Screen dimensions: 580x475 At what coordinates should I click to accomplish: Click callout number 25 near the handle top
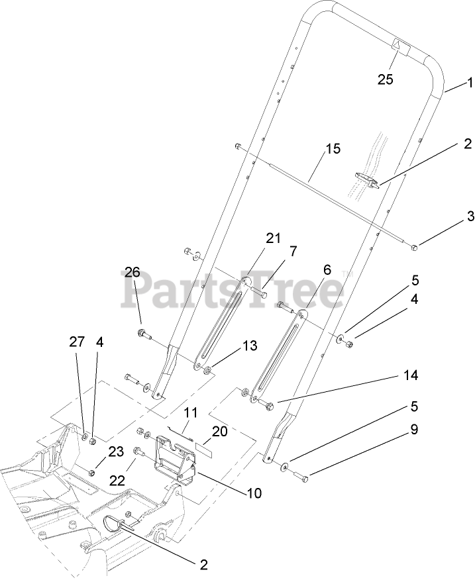tap(385, 79)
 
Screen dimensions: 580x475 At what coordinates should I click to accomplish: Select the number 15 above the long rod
tap(333, 149)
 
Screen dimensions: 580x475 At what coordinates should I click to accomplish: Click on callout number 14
tap(410, 375)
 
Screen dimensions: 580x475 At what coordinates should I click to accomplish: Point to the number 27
tap(78, 342)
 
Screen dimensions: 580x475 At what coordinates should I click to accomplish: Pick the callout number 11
tap(191, 412)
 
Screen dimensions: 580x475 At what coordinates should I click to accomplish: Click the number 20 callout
tap(219, 430)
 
